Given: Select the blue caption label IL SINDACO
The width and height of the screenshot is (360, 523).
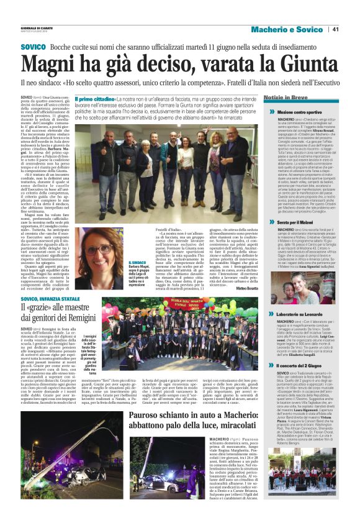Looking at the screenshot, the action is click(138, 265).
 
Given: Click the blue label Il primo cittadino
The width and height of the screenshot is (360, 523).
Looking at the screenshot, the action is click(92, 99).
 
